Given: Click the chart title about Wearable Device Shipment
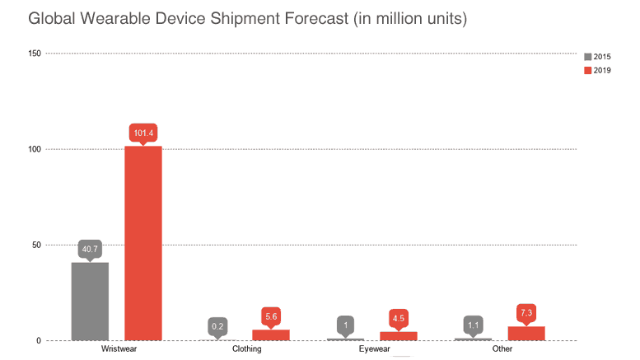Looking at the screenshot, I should point(247,18).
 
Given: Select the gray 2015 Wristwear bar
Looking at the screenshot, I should point(90,301).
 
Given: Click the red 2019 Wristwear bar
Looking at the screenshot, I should point(143,243).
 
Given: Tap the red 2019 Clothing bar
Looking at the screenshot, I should point(271,335).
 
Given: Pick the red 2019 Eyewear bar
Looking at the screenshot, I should point(399,336).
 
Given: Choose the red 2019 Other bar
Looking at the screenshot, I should point(526,334).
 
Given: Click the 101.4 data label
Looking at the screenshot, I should point(143,132).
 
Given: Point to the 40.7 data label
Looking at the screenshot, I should point(90,248).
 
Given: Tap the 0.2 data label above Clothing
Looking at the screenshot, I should point(217,326).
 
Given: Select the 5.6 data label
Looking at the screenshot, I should point(271,316).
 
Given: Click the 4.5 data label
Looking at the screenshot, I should point(399,317).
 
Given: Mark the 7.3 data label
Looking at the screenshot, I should point(526,312).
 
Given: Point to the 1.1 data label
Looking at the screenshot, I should point(473,325).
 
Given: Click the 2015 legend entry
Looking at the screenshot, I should point(597,56).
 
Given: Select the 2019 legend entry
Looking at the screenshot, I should point(597,70).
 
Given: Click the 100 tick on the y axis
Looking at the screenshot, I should point(32,149).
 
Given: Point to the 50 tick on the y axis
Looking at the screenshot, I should point(35,245).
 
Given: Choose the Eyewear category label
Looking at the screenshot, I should point(374,349).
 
